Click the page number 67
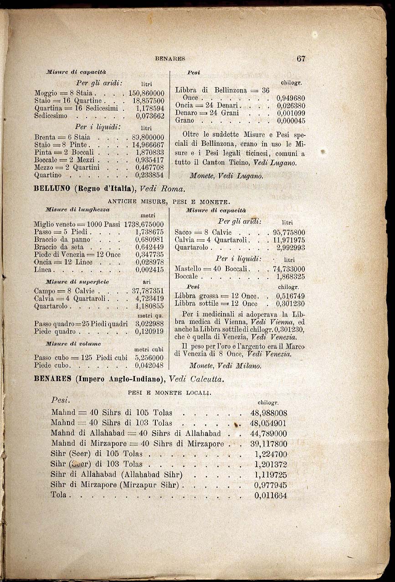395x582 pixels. [x=300, y=59]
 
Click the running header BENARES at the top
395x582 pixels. [x=170, y=59]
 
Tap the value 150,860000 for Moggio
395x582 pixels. [x=146, y=93]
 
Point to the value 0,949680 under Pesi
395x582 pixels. [x=291, y=98]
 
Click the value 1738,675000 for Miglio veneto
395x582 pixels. [x=144, y=224]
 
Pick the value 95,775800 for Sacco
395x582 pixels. [x=289, y=232]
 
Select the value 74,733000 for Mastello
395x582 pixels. [x=289, y=269]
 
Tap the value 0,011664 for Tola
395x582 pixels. [x=271, y=495]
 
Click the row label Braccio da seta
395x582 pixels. [x=56, y=247]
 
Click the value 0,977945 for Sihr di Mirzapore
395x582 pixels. [x=271, y=485]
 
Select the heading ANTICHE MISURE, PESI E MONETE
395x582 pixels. [x=169, y=201]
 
